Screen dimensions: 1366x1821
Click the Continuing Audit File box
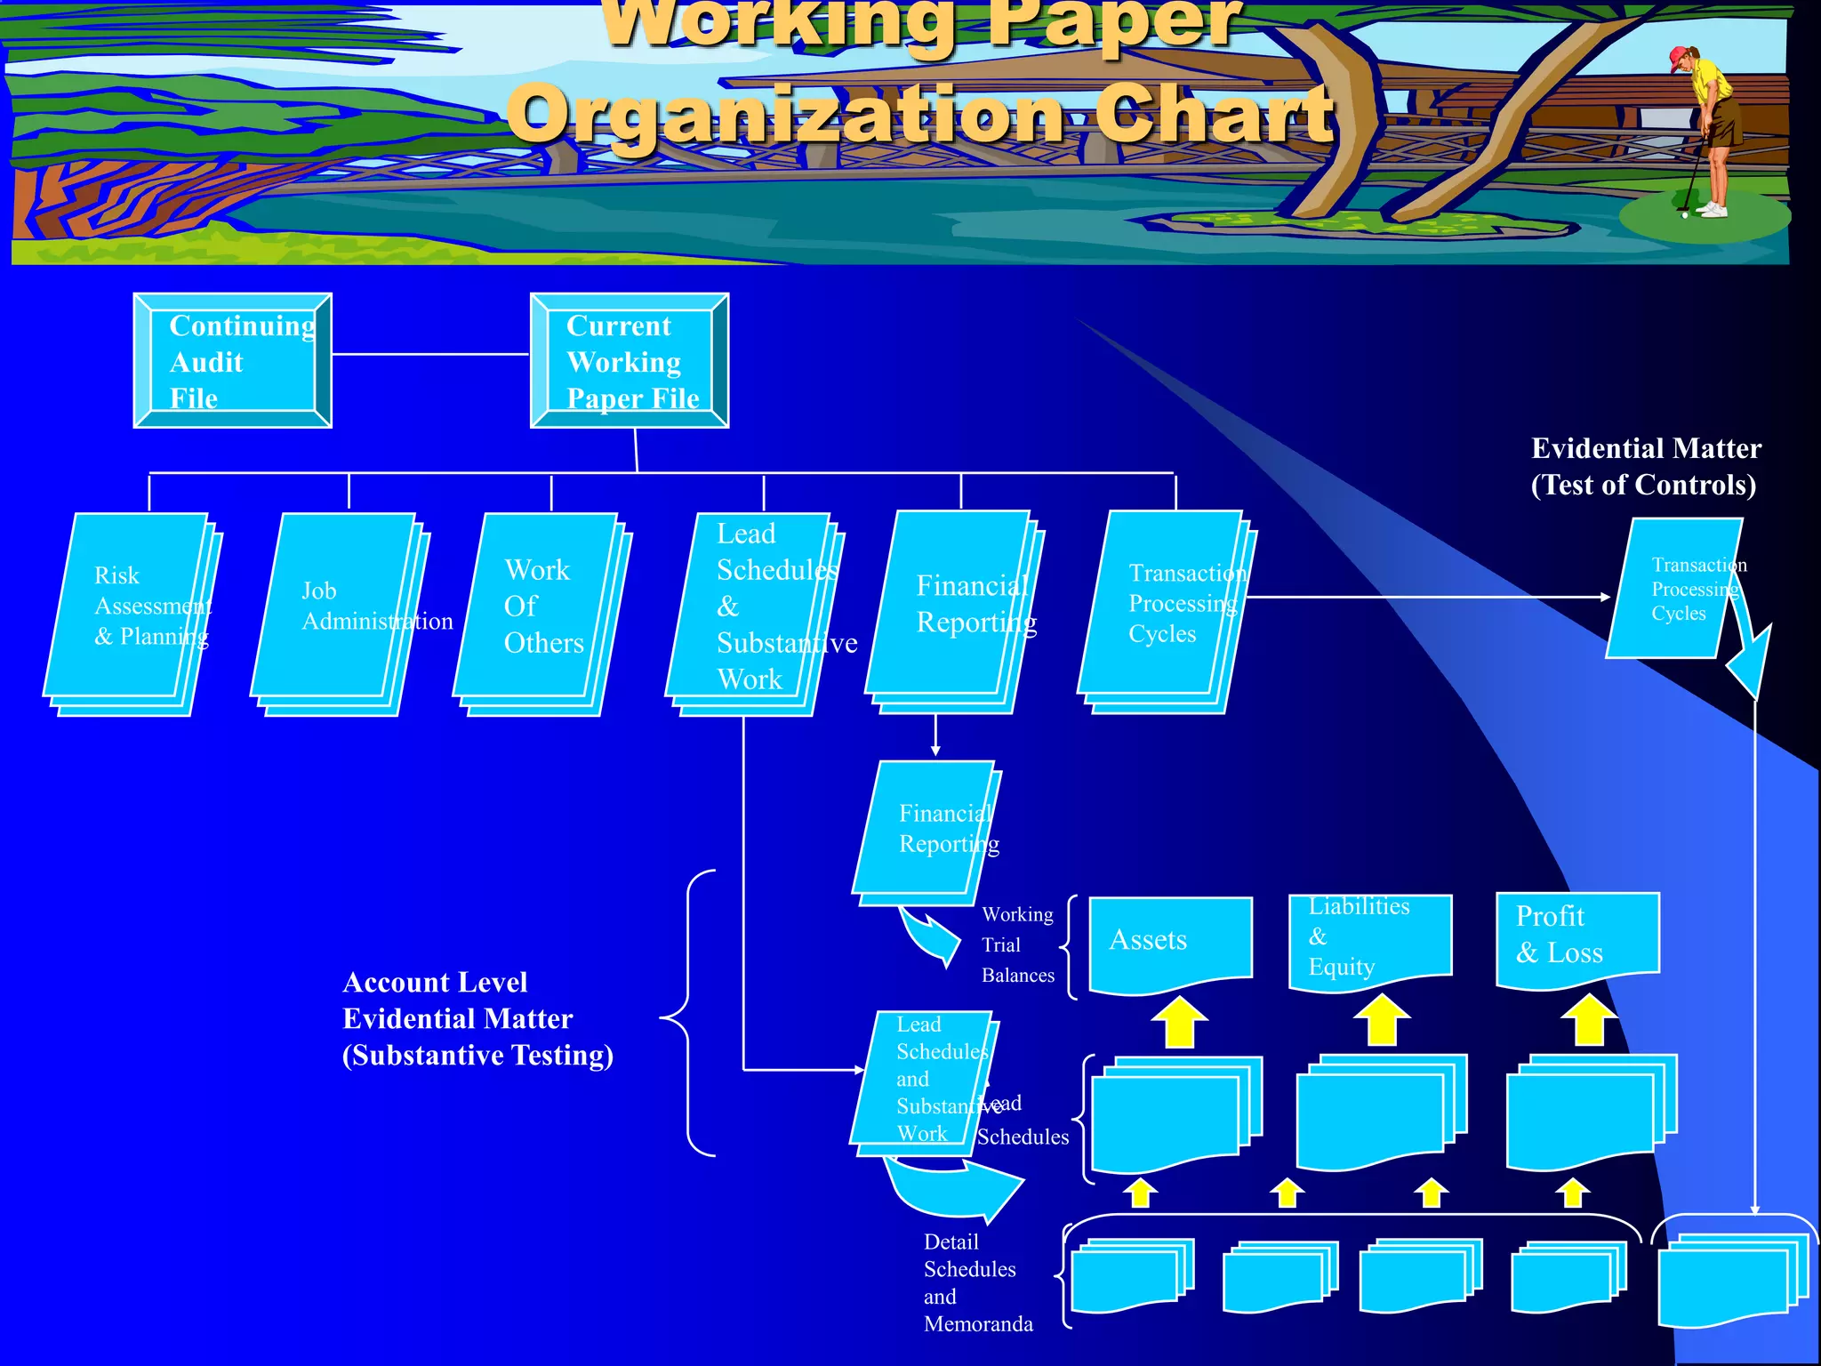pyautogui.click(x=232, y=360)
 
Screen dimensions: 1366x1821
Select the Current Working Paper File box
pyautogui.click(x=629, y=360)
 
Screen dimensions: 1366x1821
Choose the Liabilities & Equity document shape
pyautogui.click(x=1370, y=938)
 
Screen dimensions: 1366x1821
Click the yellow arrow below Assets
pyautogui.click(x=1179, y=1023)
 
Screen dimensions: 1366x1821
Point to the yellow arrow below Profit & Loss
pyautogui.click(x=1589, y=1020)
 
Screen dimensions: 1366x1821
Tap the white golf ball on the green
pyautogui.click(x=1684, y=214)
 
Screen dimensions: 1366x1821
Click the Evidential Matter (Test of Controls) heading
pyautogui.click(x=1645, y=467)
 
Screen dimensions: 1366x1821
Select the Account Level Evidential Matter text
pyautogui.click(x=477, y=1018)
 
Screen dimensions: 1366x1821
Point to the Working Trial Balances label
pyautogui.click(x=1017, y=944)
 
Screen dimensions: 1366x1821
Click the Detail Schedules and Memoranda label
pyautogui.click(x=976, y=1282)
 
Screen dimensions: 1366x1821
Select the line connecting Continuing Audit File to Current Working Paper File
pyautogui.click(x=430, y=354)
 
